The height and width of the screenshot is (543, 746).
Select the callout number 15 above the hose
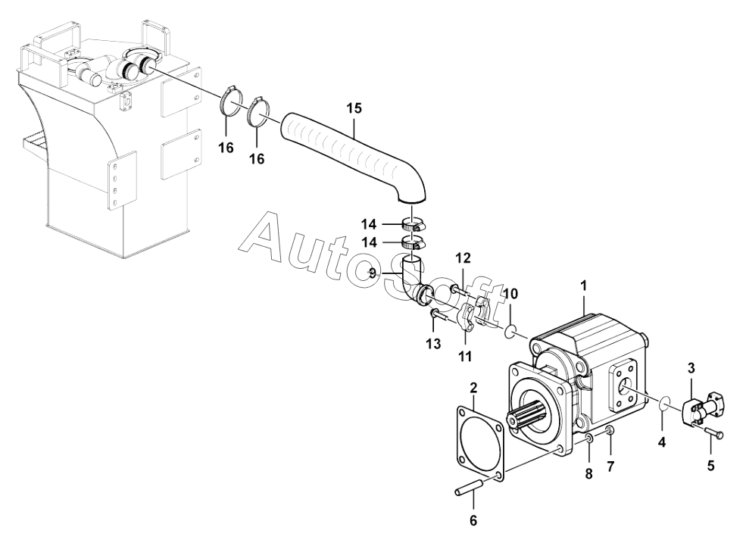tap(354, 108)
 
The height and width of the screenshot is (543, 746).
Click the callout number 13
tap(432, 345)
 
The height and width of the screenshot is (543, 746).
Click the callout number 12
tap(464, 259)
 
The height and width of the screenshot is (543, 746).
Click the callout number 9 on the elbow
tap(372, 273)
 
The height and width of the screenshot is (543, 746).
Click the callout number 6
tap(473, 521)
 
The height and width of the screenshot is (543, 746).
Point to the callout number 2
tap(473, 389)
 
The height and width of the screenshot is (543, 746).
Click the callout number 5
tap(710, 466)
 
